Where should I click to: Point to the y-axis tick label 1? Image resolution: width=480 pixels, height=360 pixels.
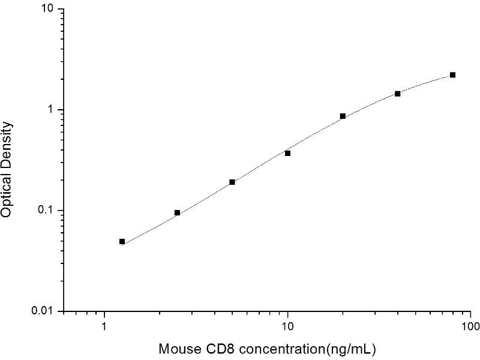pos(52,110)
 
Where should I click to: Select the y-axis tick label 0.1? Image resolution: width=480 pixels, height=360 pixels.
pos(47,211)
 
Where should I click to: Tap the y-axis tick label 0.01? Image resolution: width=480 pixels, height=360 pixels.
pos(44,311)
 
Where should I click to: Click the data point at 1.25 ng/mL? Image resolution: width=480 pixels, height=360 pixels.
pos(122,242)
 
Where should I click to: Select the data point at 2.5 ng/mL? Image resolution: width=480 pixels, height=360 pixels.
pos(178,212)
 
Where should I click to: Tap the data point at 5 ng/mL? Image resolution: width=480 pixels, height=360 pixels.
pos(232,182)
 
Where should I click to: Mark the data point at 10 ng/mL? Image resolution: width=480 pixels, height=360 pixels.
pos(288,154)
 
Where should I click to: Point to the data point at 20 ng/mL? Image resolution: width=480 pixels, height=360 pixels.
pos(343,116)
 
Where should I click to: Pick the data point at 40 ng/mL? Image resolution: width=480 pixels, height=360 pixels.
pos(398,94)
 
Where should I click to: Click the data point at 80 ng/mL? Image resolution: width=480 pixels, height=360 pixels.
pos(453,75)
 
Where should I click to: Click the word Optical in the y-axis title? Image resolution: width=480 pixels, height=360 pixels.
pos(7,193)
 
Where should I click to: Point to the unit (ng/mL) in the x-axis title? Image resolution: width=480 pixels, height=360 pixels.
pos(354,349)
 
